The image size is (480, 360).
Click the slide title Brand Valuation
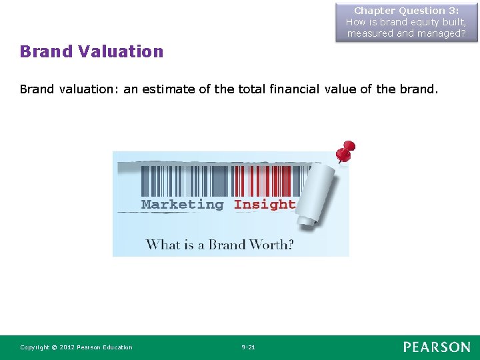click(x=91, y=51)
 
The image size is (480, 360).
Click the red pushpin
click(x=345, y=152)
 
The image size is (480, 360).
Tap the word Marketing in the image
click(x=182, y=205)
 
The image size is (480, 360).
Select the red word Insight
click(x=265, y=205)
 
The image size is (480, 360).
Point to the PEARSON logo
click(x=436, y=347)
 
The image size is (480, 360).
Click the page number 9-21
click(x=248, y=347)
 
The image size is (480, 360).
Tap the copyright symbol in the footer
click(x=55, y=347)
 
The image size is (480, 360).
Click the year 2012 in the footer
click(x=67, y=347)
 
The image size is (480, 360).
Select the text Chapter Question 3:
click(x=407, y=11)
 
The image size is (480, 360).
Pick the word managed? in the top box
click(x=441, y=33)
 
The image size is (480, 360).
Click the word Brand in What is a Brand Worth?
click(x=227, y=244)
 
